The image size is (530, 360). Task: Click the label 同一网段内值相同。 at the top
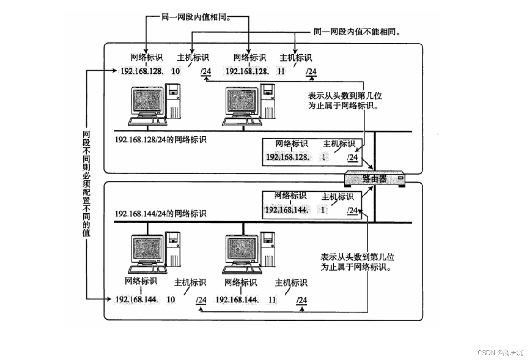196,18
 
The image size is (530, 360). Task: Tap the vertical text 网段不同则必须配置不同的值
86,183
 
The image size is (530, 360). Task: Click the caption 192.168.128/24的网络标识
160,140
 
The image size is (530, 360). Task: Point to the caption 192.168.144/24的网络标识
160,213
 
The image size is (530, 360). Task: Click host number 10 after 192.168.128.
176,71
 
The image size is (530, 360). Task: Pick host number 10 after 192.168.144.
171,300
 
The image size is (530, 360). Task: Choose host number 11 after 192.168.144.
272,300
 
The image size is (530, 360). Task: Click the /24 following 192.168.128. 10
206,71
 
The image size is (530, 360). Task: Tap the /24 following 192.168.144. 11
301,300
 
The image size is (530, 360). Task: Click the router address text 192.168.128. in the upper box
287,157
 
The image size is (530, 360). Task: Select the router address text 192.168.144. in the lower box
286,210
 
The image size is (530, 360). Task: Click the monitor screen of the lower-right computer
242,249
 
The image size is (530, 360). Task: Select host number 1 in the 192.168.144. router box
323,210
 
